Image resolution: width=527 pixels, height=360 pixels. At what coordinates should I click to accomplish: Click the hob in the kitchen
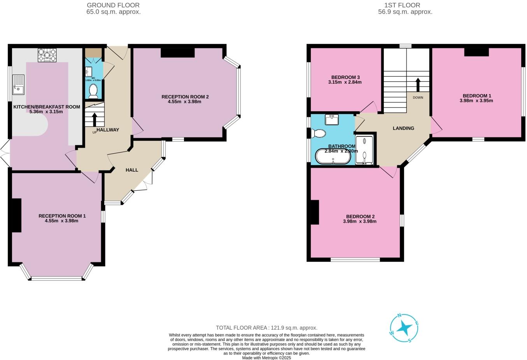pyautogui.click(x=47, y=55)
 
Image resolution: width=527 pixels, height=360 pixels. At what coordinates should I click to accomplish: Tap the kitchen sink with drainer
pyautogui.click(x=18, y=84)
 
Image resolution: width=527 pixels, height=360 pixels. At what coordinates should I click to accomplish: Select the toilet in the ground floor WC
pyautogui.click(x=93, y=91)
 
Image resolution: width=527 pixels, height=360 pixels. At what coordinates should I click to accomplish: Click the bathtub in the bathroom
pyautogui.click(x=333, y=156)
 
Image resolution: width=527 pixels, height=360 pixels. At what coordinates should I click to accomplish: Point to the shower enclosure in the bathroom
pyautogui.click(x=364, y=150)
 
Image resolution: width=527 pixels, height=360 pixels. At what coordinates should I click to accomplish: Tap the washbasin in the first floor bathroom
pyautogui.click(x=332, y=119)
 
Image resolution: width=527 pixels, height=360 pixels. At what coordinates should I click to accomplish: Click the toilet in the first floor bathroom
pyautogui.click(x=319, y=133)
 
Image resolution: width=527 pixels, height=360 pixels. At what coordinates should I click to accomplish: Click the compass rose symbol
pyautogui.click(x=404, y=328)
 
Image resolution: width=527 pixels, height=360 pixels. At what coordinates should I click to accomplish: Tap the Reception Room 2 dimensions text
pyautogui.click(x=185, y=102)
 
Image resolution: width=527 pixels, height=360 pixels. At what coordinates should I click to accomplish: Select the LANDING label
pyautogui.click(x=403, y=128)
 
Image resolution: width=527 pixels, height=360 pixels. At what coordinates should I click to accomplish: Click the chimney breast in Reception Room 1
pyautogui.click(x=16, y=215)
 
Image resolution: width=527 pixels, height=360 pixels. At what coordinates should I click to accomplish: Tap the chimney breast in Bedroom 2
pyautogui.click(x=314, y=212)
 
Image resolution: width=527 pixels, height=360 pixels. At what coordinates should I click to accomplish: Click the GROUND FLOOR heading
pyautogui.click(x=113, y=5)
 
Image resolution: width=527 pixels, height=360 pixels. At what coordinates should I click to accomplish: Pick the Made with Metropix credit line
pyautogui.click(x=266, y=358)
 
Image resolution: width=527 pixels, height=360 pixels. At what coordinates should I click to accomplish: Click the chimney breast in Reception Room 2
pyautogui.click(x=177, y=53)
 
